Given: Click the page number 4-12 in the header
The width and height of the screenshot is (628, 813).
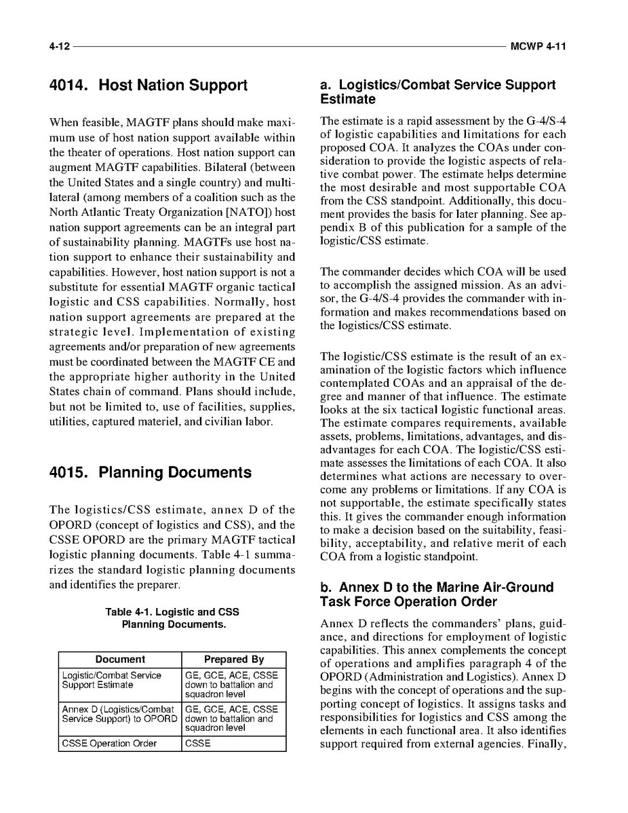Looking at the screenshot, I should tap(59, 47).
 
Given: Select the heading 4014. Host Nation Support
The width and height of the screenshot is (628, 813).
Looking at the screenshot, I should tap(149, 86).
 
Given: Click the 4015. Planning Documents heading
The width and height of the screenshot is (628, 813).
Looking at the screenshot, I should tap(150, 472).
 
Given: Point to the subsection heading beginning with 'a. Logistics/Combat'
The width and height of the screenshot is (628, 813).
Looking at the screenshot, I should tap(437, 92).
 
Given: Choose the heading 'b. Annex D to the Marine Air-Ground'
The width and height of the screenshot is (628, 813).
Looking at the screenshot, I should tap(437, 594).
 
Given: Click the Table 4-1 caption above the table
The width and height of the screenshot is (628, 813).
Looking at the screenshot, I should tap(172, 618).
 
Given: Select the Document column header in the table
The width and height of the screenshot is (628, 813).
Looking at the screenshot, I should tap(120, 660).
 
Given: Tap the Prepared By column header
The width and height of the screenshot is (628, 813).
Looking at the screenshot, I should tap(234, 660).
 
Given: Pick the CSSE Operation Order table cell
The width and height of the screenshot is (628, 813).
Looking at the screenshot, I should tap(109, 743).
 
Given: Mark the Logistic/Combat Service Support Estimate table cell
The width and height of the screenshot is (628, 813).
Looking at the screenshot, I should tap(112, 680).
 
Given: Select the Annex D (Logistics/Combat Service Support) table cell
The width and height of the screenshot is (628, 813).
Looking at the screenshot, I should tap(119, 714).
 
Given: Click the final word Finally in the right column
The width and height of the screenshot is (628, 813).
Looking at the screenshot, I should tap(547, 744).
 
